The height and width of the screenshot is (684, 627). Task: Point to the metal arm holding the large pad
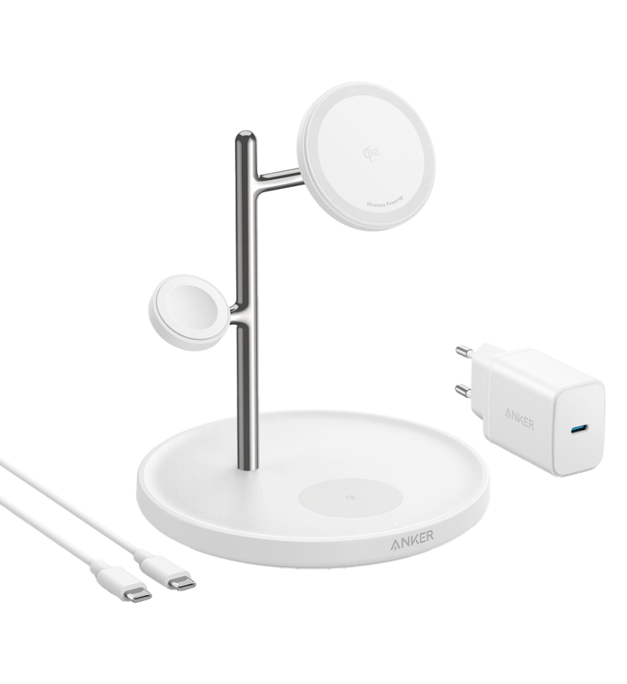point(279,180)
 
